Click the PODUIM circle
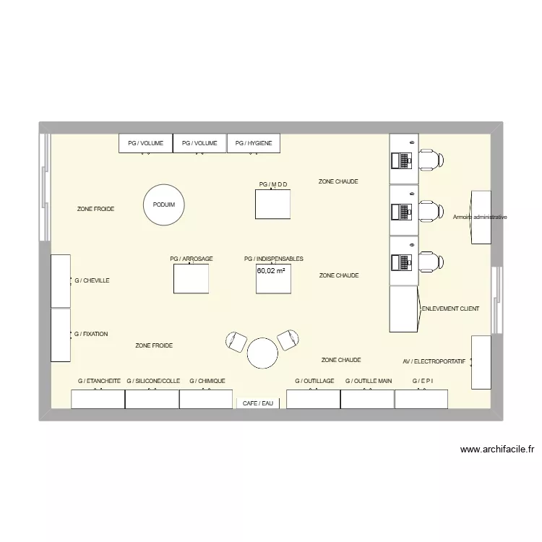[164, 205]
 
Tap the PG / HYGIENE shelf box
[254, 143]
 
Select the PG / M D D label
[272, 184]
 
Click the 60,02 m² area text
[271, 271]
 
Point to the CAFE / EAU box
[258, 403]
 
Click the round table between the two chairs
[262, 353]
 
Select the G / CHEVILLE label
[92, 280]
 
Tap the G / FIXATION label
[91, 334]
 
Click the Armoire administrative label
[481, 217]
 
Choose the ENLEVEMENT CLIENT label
[450, 309]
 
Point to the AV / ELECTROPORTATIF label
[434, 361]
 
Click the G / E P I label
[423, 381]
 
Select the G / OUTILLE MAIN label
[369, 381]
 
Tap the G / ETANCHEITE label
[99, 381]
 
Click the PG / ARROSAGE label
[192, 259]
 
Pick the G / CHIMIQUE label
[207, 381]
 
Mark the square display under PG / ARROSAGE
[192, 279]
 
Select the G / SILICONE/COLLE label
[153, 381]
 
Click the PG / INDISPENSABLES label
[274, 259]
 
